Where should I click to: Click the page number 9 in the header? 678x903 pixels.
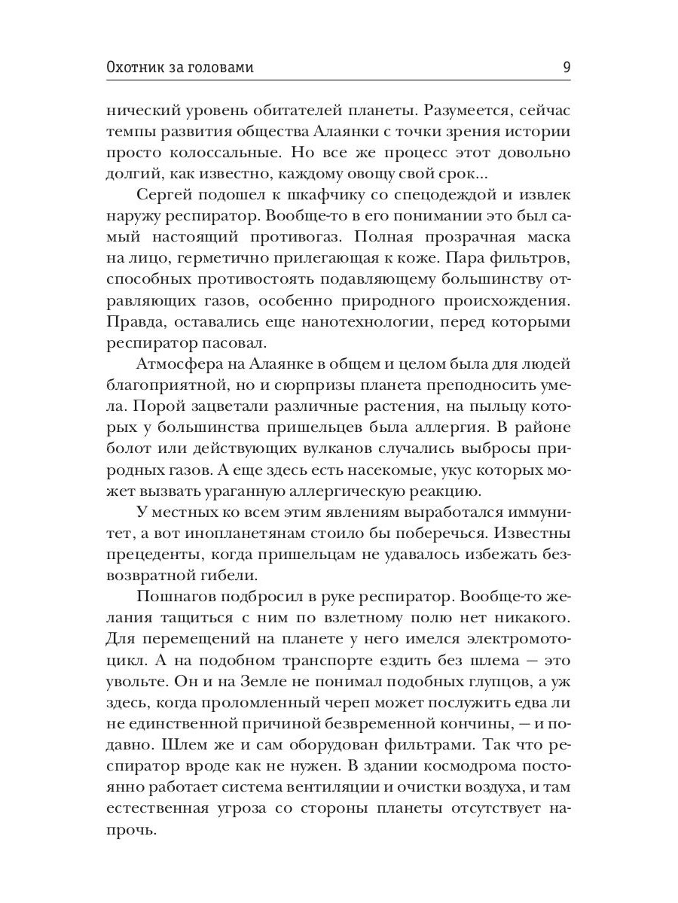pos(566,67)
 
